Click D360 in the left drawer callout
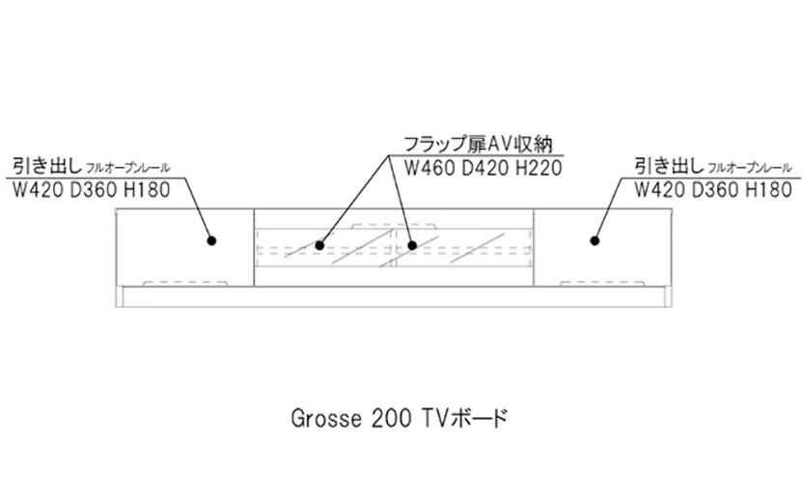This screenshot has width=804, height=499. (91, 189)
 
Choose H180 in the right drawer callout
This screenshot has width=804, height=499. (768, 189)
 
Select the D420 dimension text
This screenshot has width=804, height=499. (480, 168)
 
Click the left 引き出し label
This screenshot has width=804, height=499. (44, 165)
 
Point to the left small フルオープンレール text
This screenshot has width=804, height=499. (127, 168)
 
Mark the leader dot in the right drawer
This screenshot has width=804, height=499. (593, 240)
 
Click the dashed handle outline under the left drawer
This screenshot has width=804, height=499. (186, 284)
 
